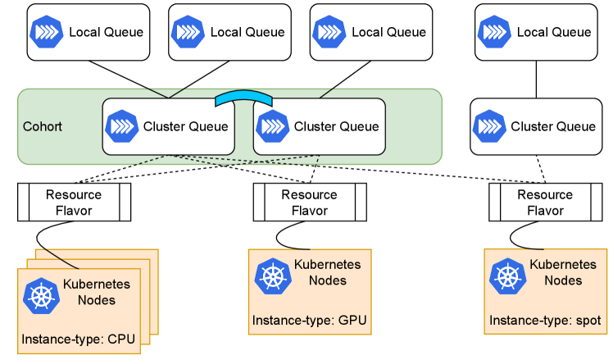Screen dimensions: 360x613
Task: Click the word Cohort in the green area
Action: (x=42, y=127)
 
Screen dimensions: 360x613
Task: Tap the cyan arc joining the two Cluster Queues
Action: (x=243, y=97)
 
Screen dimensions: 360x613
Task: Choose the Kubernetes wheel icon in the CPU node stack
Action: (x=39, y=295)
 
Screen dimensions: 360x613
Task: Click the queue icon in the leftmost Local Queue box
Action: (x=44, y=32)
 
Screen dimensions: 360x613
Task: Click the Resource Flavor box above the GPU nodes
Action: (x=309, y=203)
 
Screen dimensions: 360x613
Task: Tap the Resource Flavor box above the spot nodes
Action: (x=545, y=203)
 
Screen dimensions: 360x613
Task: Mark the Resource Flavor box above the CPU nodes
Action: (x=74, y=203)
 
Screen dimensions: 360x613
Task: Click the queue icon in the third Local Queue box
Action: (x=327, y=32)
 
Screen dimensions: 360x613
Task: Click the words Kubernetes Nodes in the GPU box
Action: (x=327, y=273)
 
